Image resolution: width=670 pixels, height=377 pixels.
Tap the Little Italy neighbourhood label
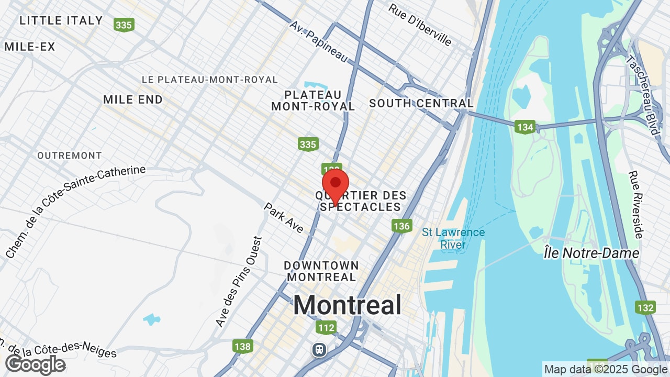click(x=61, y=21)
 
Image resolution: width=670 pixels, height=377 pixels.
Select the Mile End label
click(x=133, y=99)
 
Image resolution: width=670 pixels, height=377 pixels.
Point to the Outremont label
click(x=70, y=156)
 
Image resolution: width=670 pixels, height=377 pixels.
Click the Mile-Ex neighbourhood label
click(x=29, y=47)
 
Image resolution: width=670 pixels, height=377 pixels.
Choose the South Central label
click(x=421, y=103)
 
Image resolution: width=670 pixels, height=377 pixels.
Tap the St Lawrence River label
click(x=453, y=238)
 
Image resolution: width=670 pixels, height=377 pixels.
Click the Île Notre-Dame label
click(x=591, y=253)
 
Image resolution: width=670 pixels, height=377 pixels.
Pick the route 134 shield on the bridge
click(x=524, y=127)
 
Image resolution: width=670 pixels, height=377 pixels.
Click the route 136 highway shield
click(x=401, y=226)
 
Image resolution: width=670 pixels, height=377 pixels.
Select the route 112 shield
click(x=326, y=328)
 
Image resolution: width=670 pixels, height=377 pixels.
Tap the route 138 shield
click(x=243, y=346)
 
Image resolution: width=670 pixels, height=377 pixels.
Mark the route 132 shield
click(x=645, y=307)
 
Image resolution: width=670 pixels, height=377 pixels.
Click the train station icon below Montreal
click(x=319, y=350)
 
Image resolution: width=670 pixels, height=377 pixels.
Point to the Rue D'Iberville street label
click(x=420, y=25)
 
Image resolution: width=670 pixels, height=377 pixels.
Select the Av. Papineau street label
click(x=318, y=41)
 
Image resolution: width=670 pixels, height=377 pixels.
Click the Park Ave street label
click(x=283, y=218)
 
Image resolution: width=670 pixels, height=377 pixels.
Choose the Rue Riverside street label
click(x=636, y=205)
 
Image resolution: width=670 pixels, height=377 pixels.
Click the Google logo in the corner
click(x=35, y=364)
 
